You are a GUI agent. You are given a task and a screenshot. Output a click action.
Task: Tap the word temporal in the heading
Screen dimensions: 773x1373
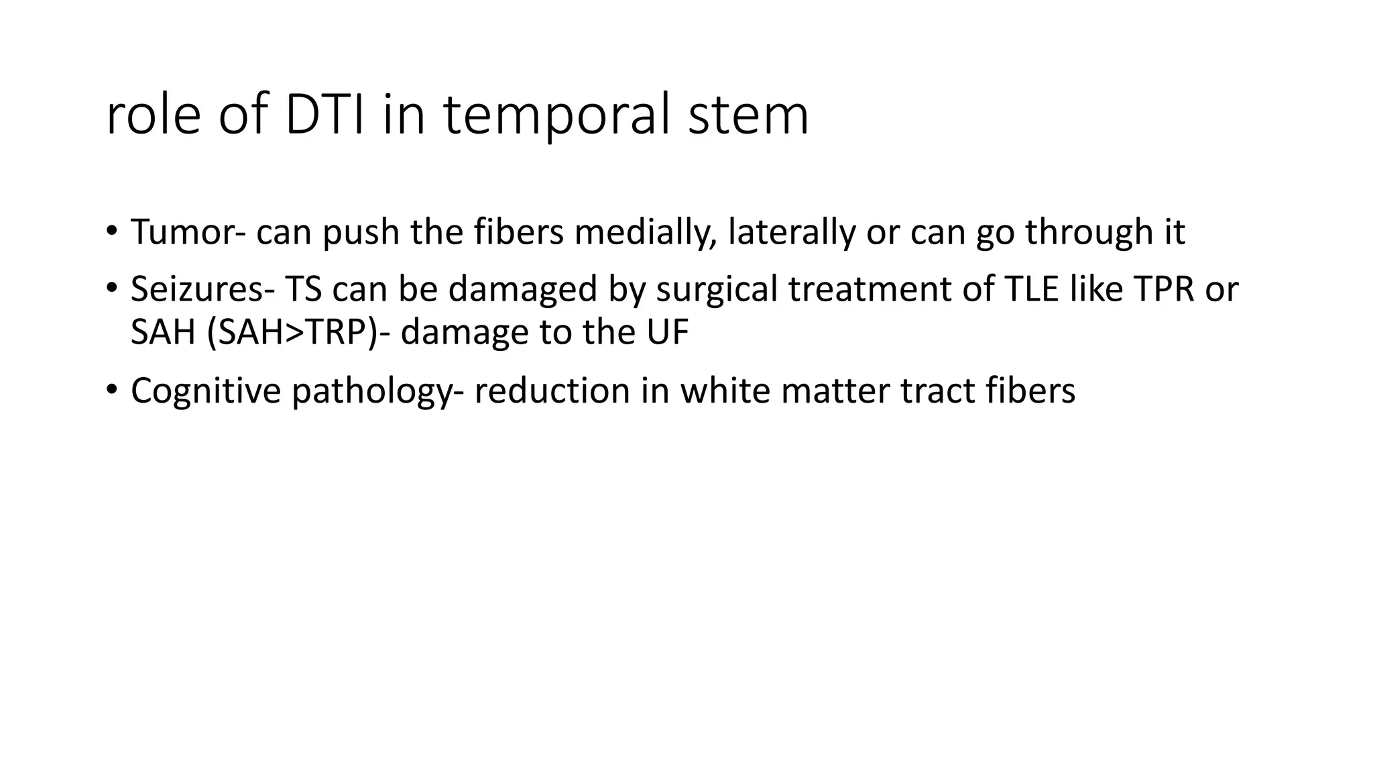[x=558, y=116]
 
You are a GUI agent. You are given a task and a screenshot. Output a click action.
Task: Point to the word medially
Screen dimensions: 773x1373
[x=645, y=233]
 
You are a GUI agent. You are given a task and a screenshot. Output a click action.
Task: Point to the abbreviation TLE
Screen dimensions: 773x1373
[x=1032, y=289]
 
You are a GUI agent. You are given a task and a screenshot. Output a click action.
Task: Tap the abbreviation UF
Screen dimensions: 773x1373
[x=668, y=332]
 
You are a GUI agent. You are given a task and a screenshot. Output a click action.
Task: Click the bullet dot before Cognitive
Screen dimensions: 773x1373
[x=111, y=389]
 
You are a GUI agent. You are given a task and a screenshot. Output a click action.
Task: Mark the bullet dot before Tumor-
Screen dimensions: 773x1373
[x=111, y=231]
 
